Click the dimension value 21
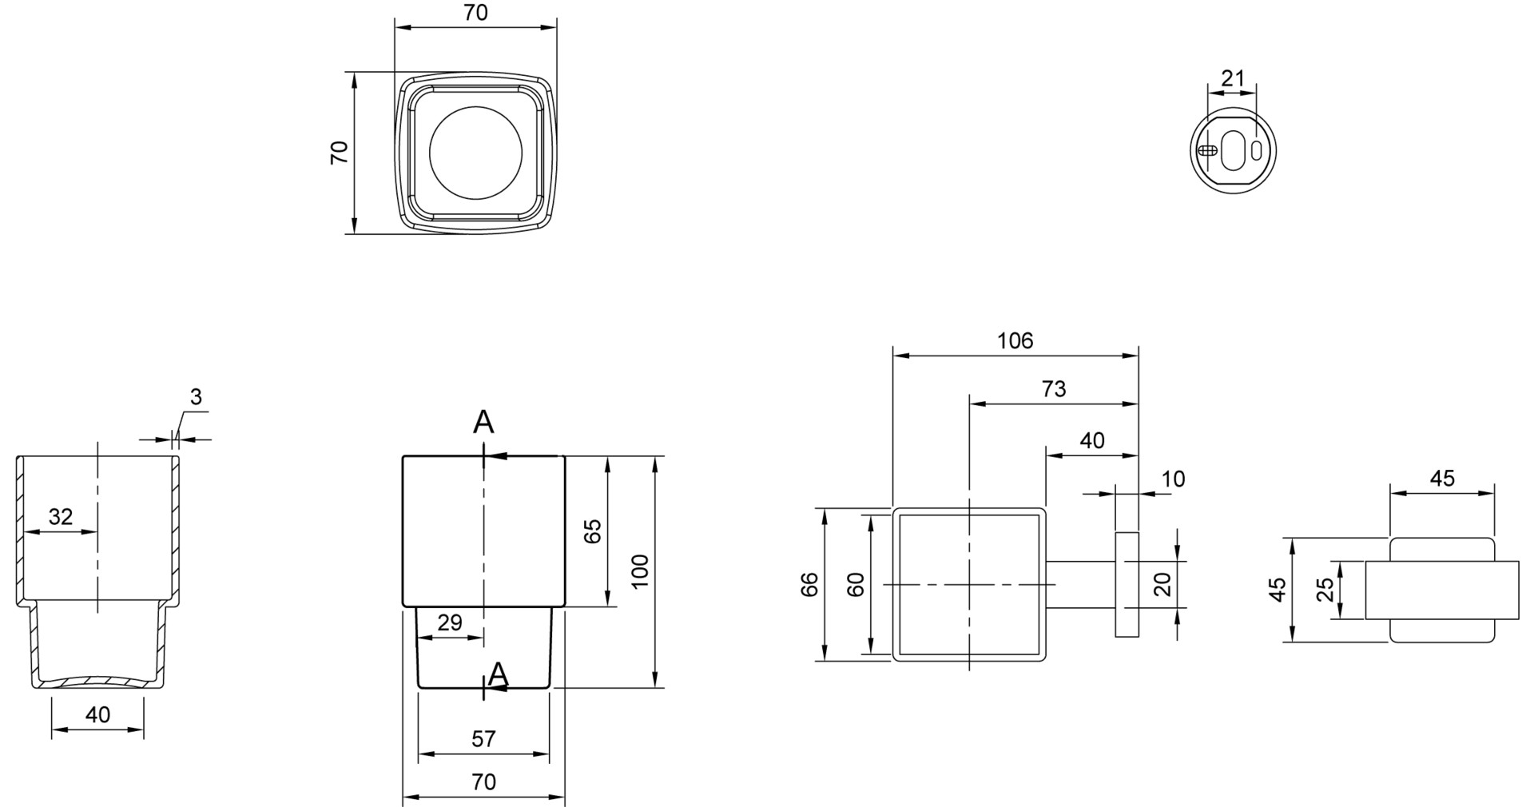click(x=1233, y=78)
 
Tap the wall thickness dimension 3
click(x=196, y=396)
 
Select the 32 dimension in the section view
click(x=61, y=517)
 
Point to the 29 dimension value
click(x=450, y=622)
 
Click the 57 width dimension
click(x=483, y=739)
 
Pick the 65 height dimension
click(x=592, y=531)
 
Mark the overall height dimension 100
click(x=640, y=570)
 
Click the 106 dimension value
click(x=1015, y=341)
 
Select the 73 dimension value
click(x=1054, y=389)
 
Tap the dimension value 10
click(x=1173, y=479)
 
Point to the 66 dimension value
click(x=809, y=584)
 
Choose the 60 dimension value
click(x=856, y=584)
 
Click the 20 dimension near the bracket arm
click(x=1162, y=584)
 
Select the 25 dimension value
click(x=1325, y=590)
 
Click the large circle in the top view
click(x=475, y=153)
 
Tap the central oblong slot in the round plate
click(x=1233, y=150)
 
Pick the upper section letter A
click(x=483, y=422)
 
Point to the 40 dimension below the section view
click(x=97, y=714)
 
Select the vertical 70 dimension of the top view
click(x=340, y=152)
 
